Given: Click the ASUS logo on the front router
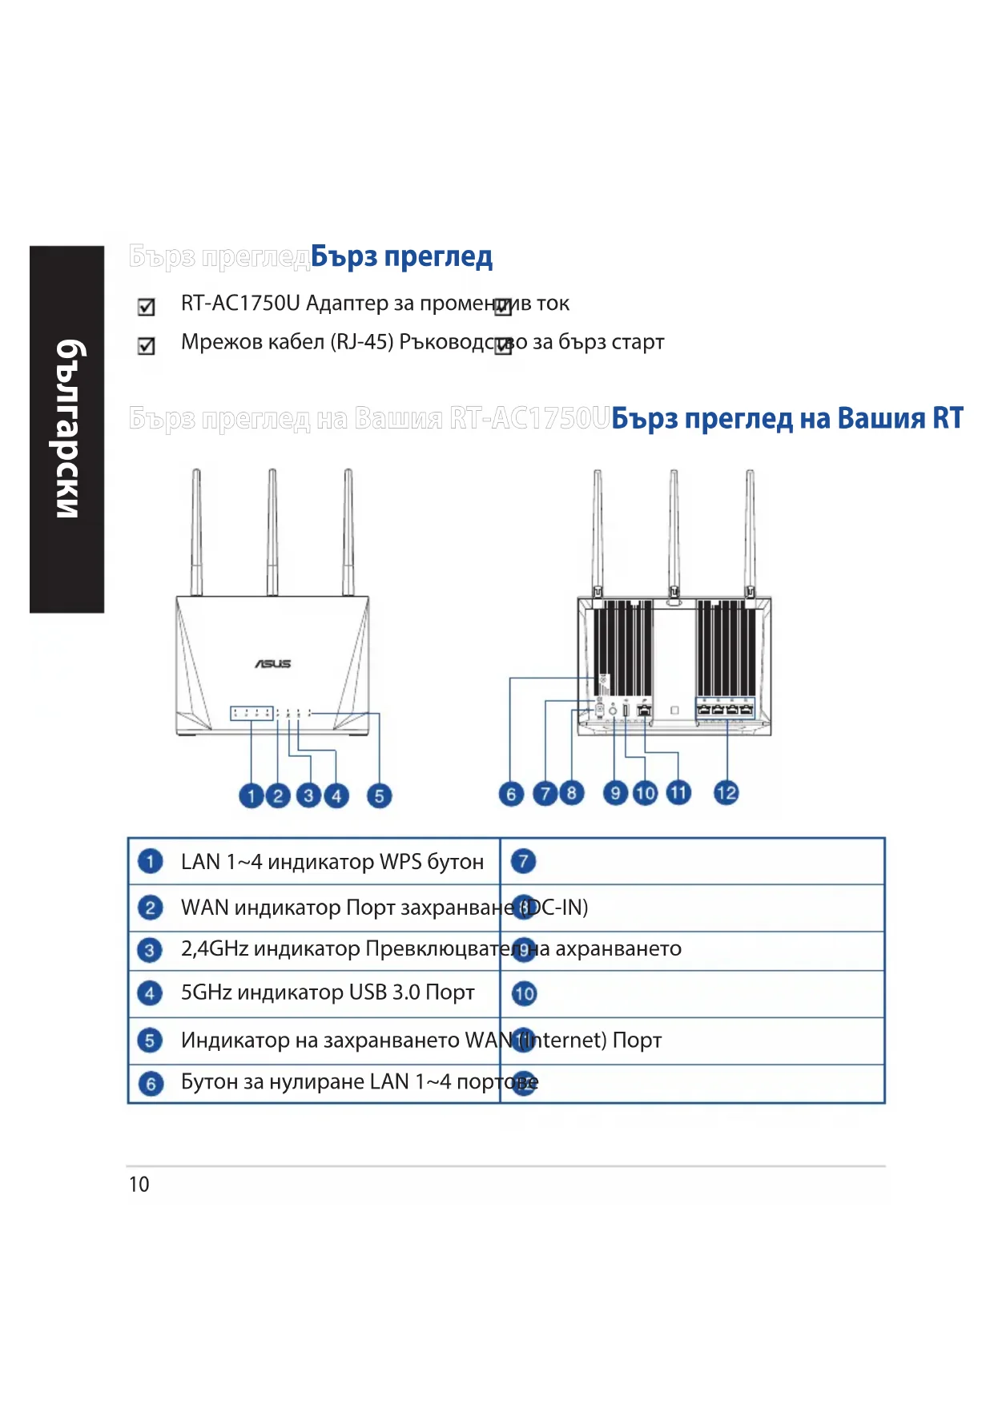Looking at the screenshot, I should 273,663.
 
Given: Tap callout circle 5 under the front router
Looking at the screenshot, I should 379,795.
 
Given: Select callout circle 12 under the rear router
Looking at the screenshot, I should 726,793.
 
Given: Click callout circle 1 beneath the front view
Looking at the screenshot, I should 251,795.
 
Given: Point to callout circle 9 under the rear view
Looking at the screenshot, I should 615,793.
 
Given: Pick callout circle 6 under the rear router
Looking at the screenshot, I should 511,794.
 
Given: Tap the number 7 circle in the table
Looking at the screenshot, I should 524,861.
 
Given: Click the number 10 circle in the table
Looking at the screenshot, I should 524,994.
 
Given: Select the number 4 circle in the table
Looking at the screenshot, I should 150,993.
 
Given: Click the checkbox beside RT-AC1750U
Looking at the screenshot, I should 147,307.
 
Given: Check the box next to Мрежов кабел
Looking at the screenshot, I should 147,346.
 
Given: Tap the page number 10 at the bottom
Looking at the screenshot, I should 139,1184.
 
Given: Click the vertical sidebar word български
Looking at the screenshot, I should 68,429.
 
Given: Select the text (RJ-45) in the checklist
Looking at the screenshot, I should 362,342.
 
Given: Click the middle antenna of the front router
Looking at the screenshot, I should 272,533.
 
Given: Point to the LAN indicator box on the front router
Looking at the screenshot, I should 252,713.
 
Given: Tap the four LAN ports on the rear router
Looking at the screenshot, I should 725,708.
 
